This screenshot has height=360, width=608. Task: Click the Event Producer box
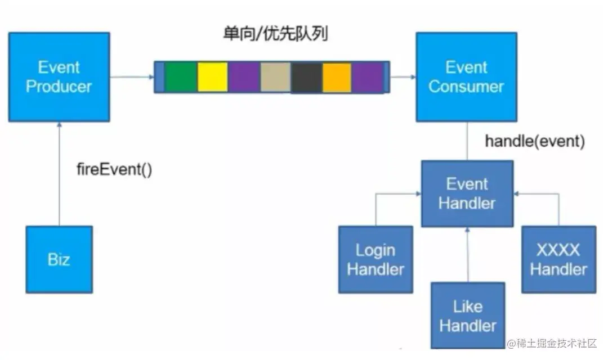[x=59, y=77]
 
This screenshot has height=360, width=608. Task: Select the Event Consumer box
[x=466, y=77]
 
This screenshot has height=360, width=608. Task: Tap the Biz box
[x=59, y=259]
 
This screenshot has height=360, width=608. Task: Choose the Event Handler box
[x=467, y=193]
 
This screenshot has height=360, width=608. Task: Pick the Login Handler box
[x=375, y=259]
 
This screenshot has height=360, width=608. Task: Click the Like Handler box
[x=467, y=316]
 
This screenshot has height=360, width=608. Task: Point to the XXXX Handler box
[x=558, y=259]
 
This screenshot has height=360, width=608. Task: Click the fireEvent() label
[x=114, y=169]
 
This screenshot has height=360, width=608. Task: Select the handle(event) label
[x=535, y=141]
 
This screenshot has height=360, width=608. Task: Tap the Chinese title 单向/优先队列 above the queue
[x=275, y=34]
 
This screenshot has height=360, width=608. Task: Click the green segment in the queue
[x=181, y=77]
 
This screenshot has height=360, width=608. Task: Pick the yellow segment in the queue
[x=213, y=77]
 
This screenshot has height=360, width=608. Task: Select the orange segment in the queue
[x=337, y=77]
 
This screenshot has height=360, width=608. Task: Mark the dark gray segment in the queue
[x=306, y=77]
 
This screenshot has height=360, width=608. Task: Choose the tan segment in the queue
[x=275, y=77]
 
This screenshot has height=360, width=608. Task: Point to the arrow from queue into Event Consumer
[x=403, y=77]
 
